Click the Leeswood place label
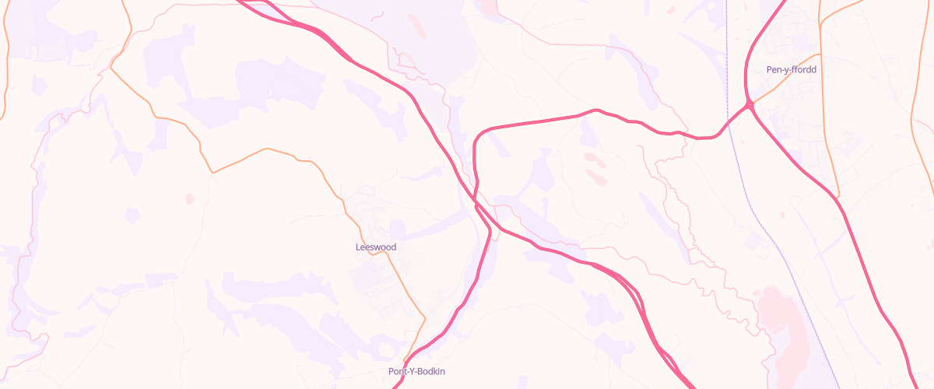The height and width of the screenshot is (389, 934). point(376,247)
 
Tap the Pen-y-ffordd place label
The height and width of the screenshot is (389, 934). point(791,69)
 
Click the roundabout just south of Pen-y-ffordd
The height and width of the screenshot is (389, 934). point(749,104)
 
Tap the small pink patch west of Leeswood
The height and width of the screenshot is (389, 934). point(189,199)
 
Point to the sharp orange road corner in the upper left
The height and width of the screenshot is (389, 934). point(111,68)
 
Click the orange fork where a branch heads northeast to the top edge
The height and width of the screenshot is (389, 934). point(822,23)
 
